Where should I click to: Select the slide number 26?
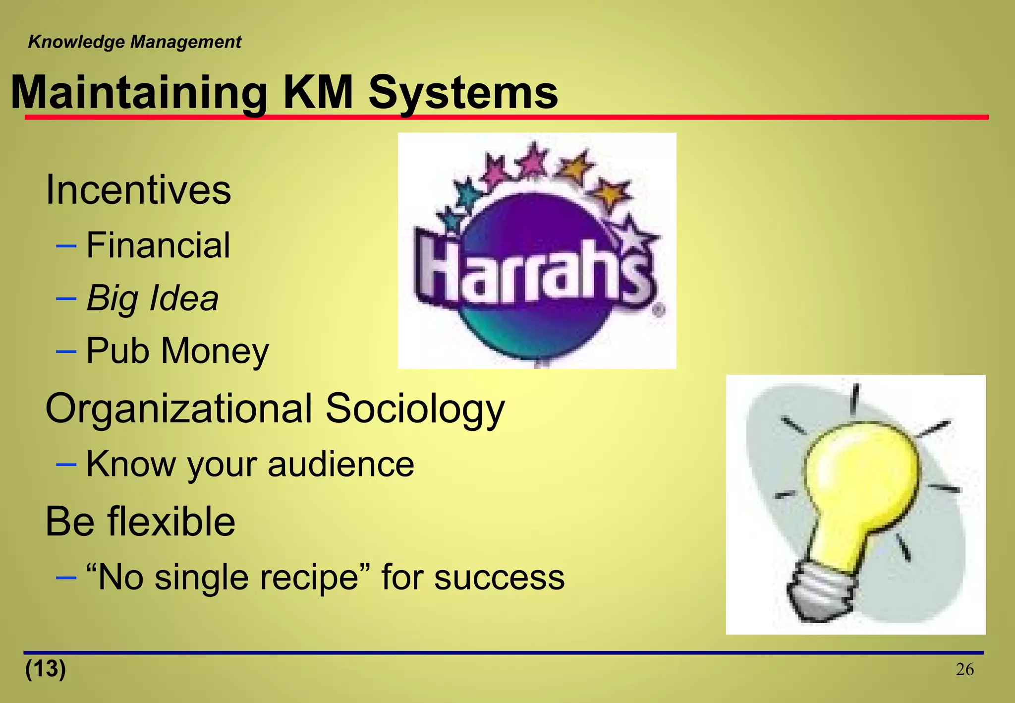pyautogui.click(x=964, y=669)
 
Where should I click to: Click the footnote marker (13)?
pyautogui.click(x=46, y=668)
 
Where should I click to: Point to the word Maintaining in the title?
pyautogui.click(x=139, y=93)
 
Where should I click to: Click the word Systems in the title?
pyautogui.click(x=463, y=93)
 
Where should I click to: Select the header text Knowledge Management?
pyautogui.click(x=134, y=42)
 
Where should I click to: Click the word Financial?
pyautogui.click(x=158, y=245)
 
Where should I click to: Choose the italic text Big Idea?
pyautogui.click(x=152, y=298)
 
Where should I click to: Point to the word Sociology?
pyautogui.click(x=415, y=409)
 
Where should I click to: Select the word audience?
pyautogui.click(x=341, y=465)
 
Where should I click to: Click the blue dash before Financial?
pyautogui.click(x=66, y=246)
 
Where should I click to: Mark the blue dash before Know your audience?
pyautogui.click(x=66, y=465)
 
